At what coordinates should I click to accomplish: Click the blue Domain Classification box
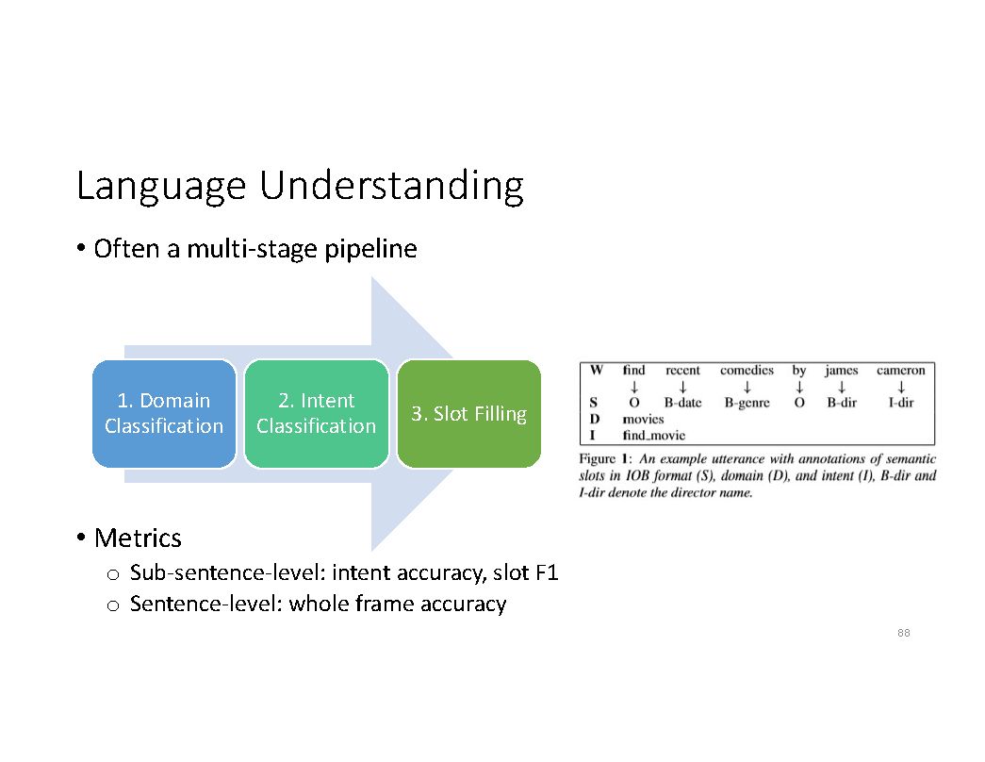pyautogui.click(x=164, y=414)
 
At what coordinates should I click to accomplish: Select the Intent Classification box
pyautogui.click(x=316, y=414)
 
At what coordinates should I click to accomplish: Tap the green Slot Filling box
pyautogui.click(x=469, y=414)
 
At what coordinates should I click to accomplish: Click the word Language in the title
pyautogui.click(x=161, y=186)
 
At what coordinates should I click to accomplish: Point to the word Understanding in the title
pyautogui.click(x=391, y=186)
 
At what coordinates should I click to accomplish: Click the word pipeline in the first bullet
pyautogui.click(x=370, y=249)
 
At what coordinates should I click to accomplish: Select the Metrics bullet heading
pyautogui.click(x=138, y=538)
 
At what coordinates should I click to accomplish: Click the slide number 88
pyautogui.click(x=903, y=633)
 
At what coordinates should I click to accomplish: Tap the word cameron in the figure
pyautogui.click(x=901, y=371)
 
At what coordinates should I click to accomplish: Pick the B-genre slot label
pyautogui.click(x=747, y=403)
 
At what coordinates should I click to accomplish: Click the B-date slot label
pyautogui.click(x=682, y=403)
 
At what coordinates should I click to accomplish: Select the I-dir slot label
pyautogui.click(x=901, y=403)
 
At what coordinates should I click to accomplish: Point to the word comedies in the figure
pyautogui.click(x=747, y=371)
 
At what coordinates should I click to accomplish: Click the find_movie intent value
pyautogui.click(x=653, y=435)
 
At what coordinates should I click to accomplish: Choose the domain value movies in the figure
pyautogui.click(x=643, y=419)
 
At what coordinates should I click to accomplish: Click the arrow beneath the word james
pyautogui.click(x=842, y=387)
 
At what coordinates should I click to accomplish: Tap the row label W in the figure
pyautogui.click(x=596, y=371)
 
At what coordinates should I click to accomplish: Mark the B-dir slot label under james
pyautogui.click(x=842, y=403)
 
